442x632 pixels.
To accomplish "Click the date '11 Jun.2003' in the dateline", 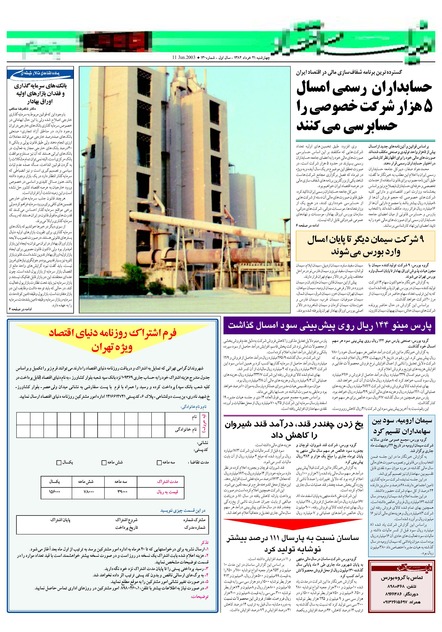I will click(x=184, y=58).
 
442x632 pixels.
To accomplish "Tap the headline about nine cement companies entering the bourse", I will click(x=365, y=246).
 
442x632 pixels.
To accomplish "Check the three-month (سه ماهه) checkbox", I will click(x=159, y=462).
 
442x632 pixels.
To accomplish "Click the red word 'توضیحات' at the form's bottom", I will click(x=200, y=597).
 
